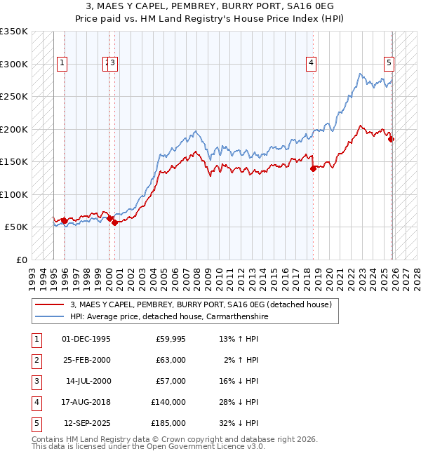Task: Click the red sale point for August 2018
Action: pyautogui.click(x=313, y=168)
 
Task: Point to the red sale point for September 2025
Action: pyautogui.click(x=392, y=139)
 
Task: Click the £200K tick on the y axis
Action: pyautogui.click(x=14, y=129)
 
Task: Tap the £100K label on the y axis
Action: pyautogui.click(x=14, y=194)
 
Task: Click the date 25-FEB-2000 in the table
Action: pyautogui.click(x=86, y=360)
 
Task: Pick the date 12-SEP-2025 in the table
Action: pyautogui.click(x=87, y=423)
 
